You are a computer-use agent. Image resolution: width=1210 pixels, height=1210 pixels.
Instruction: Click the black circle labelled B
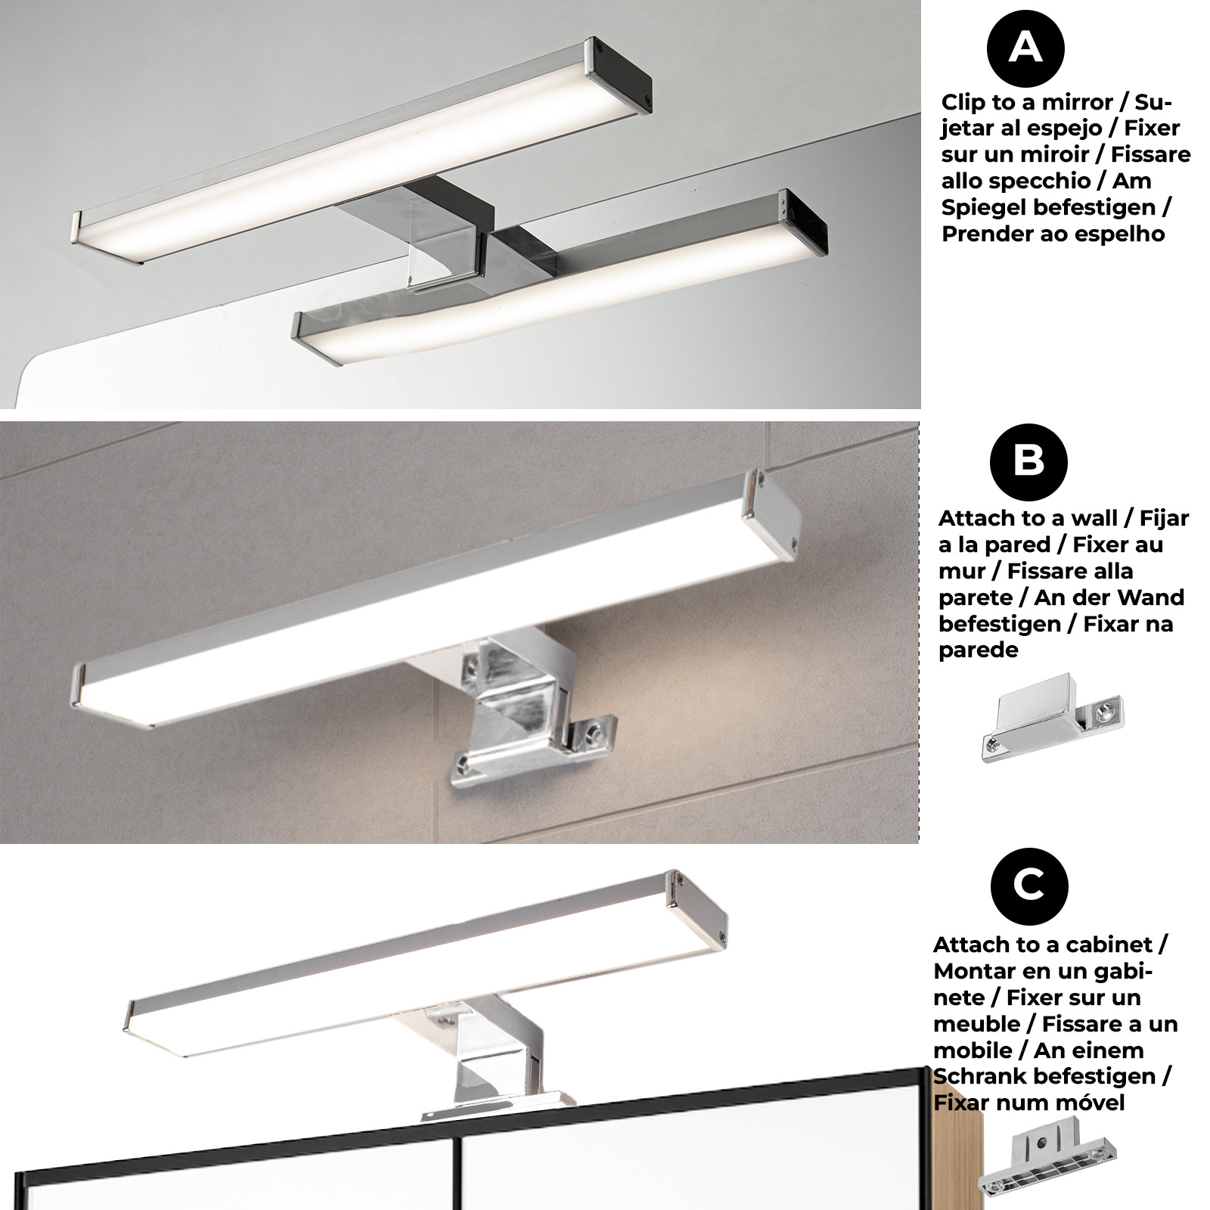1028,461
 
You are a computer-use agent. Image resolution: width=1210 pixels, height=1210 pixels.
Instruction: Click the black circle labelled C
1028,885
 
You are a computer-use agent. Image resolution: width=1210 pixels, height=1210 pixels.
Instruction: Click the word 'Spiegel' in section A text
981,208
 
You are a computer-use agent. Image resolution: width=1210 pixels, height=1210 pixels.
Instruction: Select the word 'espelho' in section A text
1122,234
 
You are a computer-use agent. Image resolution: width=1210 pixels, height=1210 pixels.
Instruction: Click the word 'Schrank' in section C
976,1076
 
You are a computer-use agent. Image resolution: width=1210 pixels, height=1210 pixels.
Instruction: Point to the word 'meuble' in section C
976,1024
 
